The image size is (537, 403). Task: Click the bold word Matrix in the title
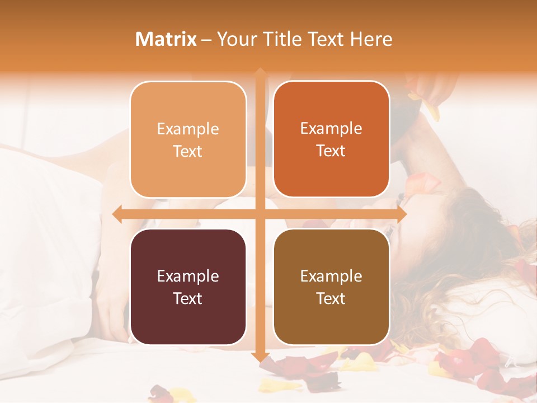point(166,39)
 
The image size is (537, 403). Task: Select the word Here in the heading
point(371,39)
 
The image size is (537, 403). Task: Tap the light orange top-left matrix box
point(188,140)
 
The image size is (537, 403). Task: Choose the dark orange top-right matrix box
point(331,139)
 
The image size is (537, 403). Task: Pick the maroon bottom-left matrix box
point(188,287)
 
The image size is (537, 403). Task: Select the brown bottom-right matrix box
point(331,287)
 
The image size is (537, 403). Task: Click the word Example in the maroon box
point(188,276)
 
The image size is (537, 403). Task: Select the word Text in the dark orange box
point(331,151)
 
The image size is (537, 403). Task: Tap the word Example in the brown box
point(331,276)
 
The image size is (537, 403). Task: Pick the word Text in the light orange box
point(188,152)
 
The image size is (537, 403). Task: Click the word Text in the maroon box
point(188,298)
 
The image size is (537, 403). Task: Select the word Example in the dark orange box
point(331,129)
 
